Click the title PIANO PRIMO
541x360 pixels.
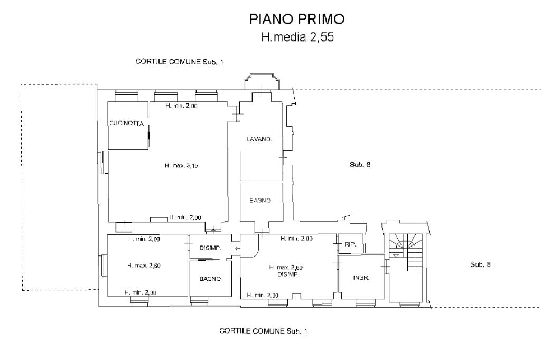tap(297, 20)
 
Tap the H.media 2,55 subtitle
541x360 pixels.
tap(297, 37)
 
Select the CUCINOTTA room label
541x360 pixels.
tap(127, 124)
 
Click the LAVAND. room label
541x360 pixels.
tap(259, 140)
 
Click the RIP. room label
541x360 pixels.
tap(350, 245)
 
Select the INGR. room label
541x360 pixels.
tap(361, 277)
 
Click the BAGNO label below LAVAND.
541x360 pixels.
tap(260, 201)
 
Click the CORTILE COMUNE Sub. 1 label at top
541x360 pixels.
tap(180, 62)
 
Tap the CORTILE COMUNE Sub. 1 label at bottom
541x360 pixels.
tap(263, 331)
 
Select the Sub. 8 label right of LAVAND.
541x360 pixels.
tap(360, 165)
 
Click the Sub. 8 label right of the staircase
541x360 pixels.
tap(480, 264)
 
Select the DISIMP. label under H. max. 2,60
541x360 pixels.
tap(286, 274)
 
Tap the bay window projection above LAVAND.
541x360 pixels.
tap(261, 82)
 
